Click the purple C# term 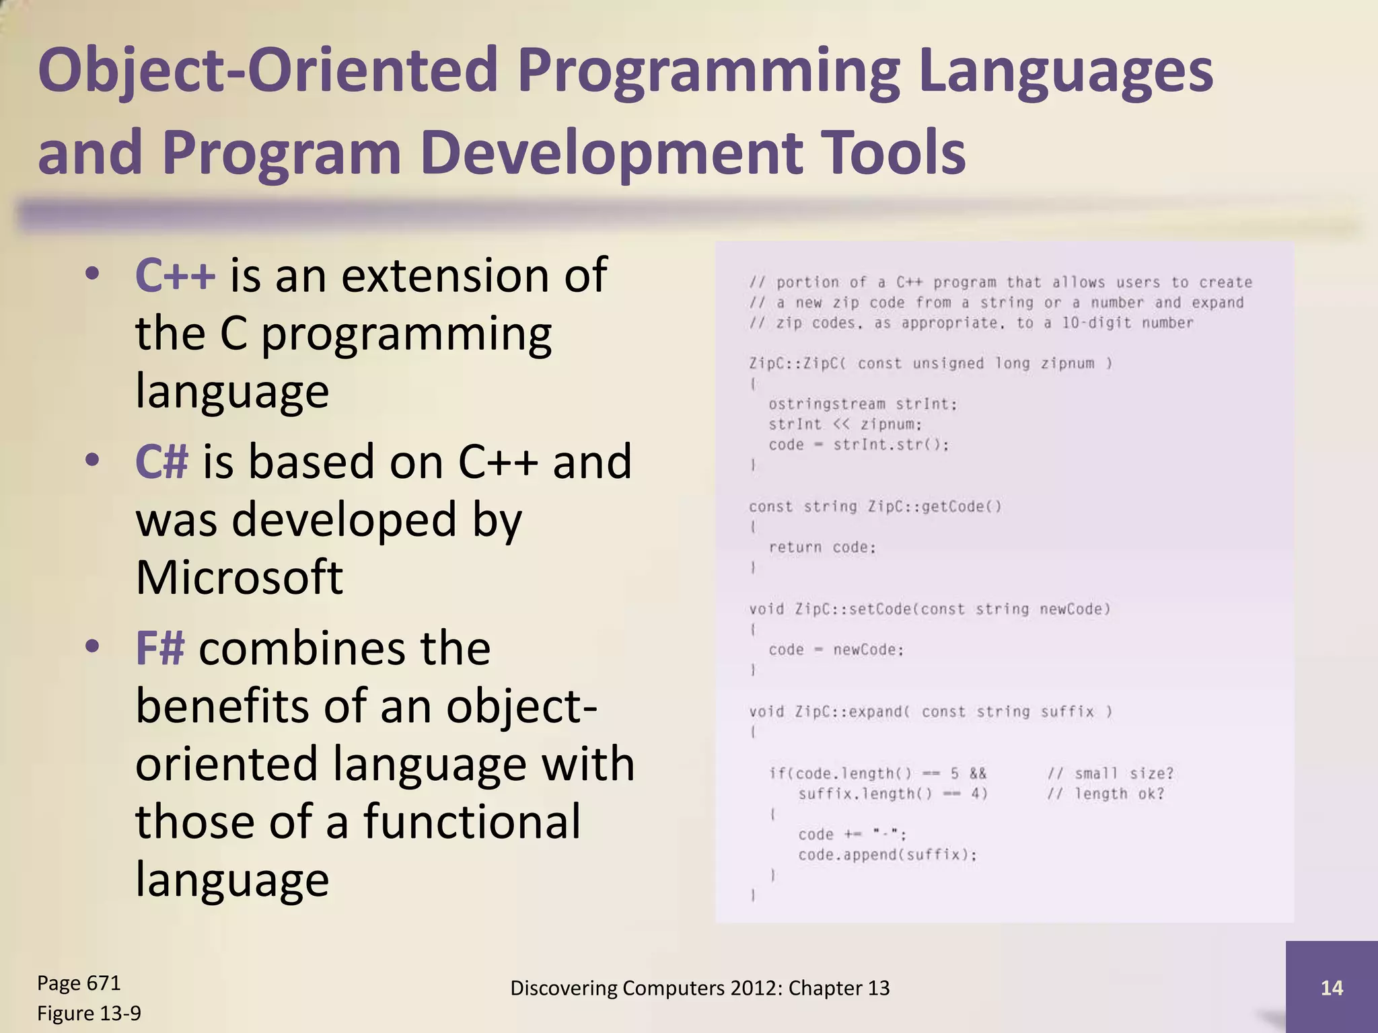click(x=161, y=463)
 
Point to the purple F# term click(x=159, y=649)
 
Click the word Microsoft click(x=239, y=578)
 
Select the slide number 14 click(x=1332, y=988)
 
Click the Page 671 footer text click(x=79, y=983)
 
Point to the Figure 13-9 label click(x=89, y=1013)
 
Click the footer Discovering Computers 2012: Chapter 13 click(x=700, y=988)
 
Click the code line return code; click(x=822, y=547)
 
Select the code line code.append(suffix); click(x=887, y=855)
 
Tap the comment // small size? click(x=1110, y=773)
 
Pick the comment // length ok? click(x=1105, y=794)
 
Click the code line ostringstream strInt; click(x=863, y=404)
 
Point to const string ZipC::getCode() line click(x=875, y=506)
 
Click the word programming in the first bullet click(x=406, y=334)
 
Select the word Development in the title click(x=611, y=153)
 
